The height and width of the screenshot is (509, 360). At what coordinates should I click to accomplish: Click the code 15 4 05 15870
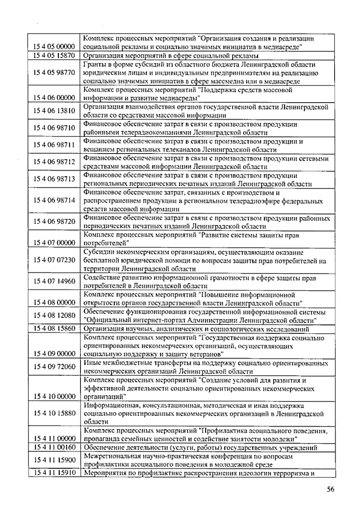[x=54, y=56]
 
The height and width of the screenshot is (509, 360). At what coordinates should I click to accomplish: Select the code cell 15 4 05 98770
[x=54, y=73]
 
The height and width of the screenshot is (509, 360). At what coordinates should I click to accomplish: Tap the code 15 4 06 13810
[x=54, y=111]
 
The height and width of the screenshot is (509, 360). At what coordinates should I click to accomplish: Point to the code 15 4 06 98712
[x=54, y=162]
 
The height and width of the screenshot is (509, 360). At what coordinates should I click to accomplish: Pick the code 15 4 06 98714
[x=54, y=200]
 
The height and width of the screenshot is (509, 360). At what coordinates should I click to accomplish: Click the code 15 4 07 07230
[x=54, y=260]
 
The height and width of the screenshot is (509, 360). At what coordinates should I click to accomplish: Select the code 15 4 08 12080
[x=54, y=315]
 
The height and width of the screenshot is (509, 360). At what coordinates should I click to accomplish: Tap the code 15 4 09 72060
[x=54, y=367]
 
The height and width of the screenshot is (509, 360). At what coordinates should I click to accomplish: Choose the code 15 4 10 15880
[x=54, y=413]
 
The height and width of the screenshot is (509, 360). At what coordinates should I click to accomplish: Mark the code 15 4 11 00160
[x=54, y=448]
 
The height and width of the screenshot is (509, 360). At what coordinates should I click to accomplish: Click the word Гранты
[x=93, y=65]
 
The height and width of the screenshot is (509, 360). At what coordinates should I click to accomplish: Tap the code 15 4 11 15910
[x=54, y=473]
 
